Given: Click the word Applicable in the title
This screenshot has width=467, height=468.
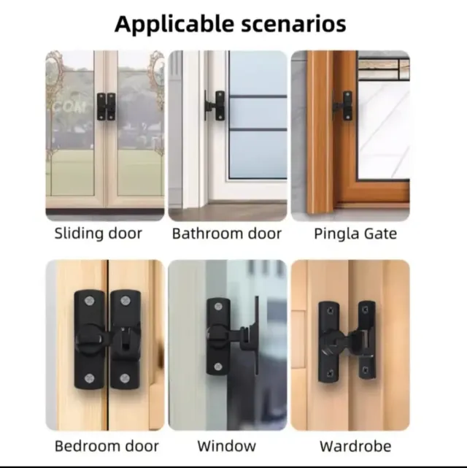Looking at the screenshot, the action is click(174, 25).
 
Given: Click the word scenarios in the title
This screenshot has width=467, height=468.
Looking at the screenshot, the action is click(293, 24).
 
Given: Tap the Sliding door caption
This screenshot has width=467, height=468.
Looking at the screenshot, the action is click(98, 233).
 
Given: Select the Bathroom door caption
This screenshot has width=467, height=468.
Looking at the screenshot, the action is click(227, 234).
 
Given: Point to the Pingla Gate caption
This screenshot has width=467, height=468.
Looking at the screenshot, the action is click(355, 234).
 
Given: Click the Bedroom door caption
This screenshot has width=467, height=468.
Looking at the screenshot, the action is click(107, 446).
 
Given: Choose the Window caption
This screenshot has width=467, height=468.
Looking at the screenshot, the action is click(227, 446).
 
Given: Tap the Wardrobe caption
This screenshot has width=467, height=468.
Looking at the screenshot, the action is click(355, 446).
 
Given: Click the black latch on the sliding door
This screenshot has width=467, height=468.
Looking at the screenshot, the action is click(106, 107).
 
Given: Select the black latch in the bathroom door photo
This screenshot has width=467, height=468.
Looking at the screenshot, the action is click(215, 105).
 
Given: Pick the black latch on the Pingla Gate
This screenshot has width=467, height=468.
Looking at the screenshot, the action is click(343, 105).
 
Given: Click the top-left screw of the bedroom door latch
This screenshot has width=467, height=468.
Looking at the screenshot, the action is click(89, 301).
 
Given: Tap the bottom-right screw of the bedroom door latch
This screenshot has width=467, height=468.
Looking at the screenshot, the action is click(125, 378).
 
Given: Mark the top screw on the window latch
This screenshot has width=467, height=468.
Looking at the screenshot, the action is click(218, 307).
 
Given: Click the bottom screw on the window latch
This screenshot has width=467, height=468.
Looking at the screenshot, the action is click(218, 367).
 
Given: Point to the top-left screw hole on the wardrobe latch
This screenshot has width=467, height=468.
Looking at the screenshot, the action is click(330, 311).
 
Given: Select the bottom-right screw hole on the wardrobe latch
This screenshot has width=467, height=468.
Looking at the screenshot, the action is click(365, 371).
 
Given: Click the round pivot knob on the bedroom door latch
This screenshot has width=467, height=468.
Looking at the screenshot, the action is click(88, 339).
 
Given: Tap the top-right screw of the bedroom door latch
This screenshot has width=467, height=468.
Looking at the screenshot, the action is click(125, 301).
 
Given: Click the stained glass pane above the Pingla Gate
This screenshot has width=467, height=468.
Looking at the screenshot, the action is click(384, 69).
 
